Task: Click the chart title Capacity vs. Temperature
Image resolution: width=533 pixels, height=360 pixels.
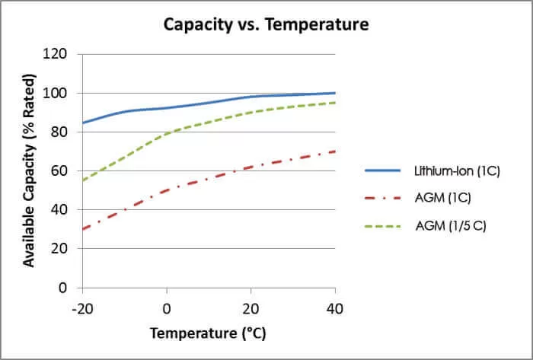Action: [266, 24]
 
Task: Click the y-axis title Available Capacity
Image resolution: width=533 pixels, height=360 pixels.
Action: [28, 170]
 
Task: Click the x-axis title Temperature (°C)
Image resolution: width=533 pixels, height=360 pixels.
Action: [208, 333]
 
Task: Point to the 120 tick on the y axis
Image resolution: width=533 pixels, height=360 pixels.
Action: [57, 54]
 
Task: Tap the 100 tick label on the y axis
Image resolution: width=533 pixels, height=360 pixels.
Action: [57, 93]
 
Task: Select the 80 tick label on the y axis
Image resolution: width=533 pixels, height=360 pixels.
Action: [61, 132]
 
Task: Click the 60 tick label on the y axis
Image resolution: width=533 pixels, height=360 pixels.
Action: [61, 170]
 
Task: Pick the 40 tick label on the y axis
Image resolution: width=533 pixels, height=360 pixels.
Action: [61, 209]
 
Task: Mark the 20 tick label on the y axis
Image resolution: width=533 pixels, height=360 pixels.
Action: [61, 248]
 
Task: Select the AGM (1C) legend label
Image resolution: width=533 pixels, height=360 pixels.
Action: [445, 199]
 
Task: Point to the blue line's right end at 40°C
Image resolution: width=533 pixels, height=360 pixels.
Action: [335, 93]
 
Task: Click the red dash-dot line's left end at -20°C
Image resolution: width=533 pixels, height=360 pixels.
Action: [82, 229]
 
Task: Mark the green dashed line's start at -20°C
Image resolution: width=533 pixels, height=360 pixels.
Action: [82, 180]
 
